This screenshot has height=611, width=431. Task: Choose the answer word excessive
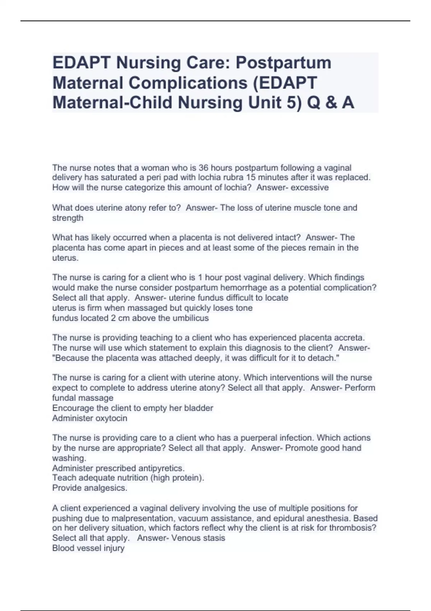[x=310, y=188]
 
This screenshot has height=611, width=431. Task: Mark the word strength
[x=68, y=218]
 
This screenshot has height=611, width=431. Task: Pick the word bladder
[x=198, y=408]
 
